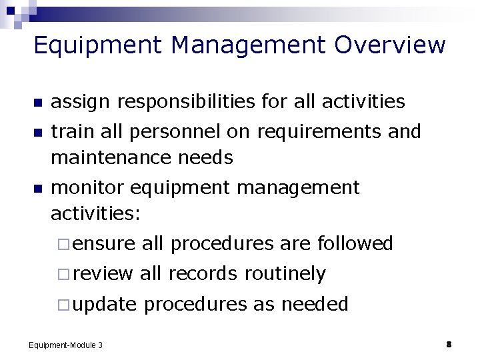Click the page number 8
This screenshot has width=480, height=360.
click(449, 345)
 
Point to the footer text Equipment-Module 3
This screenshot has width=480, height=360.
click(65, 345)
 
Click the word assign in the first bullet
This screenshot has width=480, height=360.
click(79, 101)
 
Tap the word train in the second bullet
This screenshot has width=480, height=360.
click(71, 132)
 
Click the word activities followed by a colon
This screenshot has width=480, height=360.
click(96, 213)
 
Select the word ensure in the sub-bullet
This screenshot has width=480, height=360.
click(104, 244)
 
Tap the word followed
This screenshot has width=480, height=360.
click(355, 244)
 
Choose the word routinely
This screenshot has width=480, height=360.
click(285, 274)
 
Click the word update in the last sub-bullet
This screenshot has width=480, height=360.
click(105, 305)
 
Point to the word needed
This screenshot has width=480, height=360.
click(315, 305)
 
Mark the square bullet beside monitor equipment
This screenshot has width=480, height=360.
click(37, 189)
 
